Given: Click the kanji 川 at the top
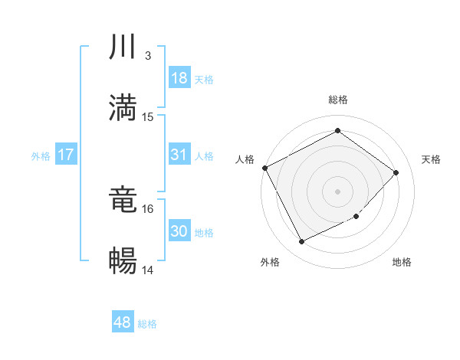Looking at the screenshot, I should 123,47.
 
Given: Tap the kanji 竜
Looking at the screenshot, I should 123,201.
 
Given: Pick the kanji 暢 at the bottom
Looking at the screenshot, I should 123,260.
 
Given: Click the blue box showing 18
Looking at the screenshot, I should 179,78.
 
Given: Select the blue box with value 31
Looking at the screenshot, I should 179,154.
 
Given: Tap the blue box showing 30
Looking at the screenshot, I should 179,231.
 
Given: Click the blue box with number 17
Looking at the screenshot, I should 66,155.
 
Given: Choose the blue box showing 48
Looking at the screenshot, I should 123,322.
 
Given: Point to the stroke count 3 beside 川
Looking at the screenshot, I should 148,56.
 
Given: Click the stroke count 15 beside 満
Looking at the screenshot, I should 149,116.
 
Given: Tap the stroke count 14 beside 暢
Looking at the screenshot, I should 149,270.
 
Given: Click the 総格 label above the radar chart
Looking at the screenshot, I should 338,100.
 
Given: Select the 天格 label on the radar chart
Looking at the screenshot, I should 431,159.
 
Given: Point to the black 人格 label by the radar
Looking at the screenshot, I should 245,159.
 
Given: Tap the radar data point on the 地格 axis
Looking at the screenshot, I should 356,217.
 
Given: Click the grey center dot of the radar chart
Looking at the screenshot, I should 338,191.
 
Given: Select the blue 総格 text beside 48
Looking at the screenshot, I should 147,324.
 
